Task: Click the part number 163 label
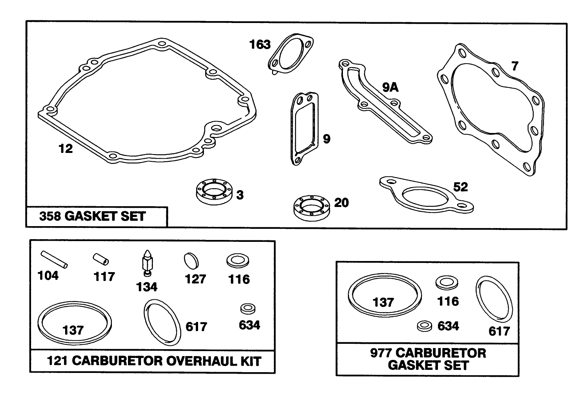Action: click(260, 44)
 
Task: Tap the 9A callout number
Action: click(390, 87)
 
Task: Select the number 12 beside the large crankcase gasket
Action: click(66, 149)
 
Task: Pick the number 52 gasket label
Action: click(461, 187)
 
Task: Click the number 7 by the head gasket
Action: click(515, 66)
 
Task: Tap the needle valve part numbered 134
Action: click(147, 263)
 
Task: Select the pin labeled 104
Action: click(54, 259)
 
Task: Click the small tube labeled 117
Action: click(101, 259)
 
